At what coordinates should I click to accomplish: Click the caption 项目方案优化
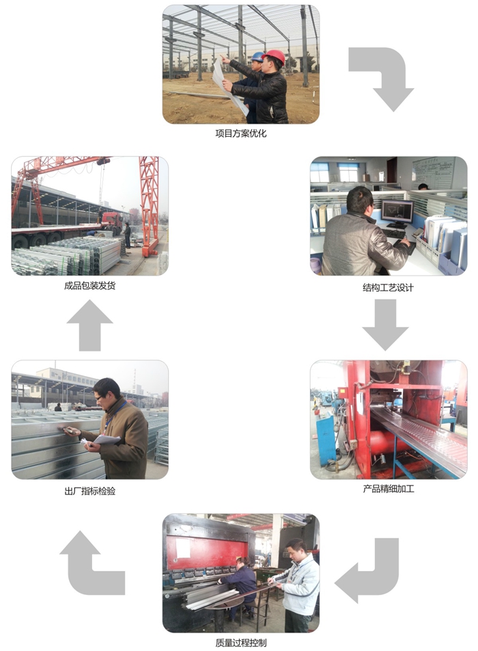click(240, 134)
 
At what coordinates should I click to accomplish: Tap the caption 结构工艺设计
click(388, 287)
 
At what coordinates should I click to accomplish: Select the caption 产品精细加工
click(389, 489)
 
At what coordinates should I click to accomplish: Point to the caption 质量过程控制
click(240, 643)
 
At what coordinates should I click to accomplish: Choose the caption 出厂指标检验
click(89, 491)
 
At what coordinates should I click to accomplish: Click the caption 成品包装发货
click(89, 286)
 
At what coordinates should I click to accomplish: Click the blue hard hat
click(257, 57)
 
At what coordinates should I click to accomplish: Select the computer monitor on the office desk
click(397, 212)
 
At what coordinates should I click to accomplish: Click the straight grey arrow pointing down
click(386, 324)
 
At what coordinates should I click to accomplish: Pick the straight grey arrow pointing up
click(89, 325)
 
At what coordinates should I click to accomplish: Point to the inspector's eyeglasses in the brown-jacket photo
click(100, 398)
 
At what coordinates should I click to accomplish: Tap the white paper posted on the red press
click(183, 548)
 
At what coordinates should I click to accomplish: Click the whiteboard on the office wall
click(433, 173)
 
